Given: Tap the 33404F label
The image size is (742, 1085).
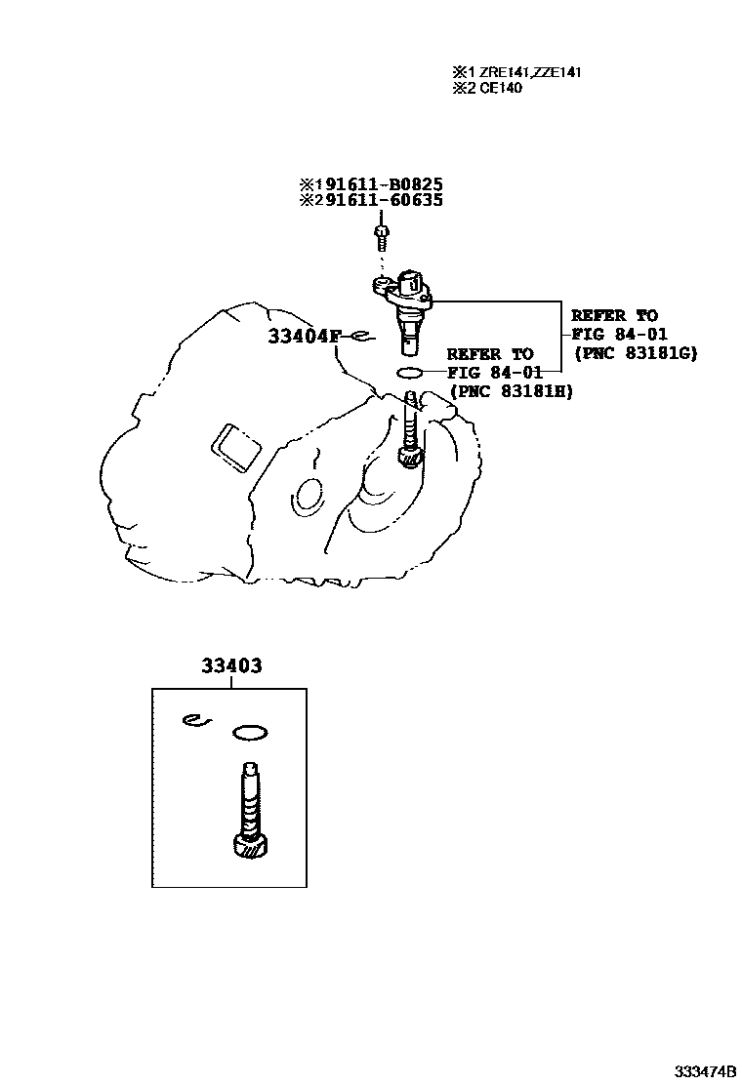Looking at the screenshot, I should coord(305,337).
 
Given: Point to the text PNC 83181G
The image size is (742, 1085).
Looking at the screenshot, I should coord(635,353).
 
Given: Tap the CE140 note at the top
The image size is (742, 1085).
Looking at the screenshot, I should coord(500,88).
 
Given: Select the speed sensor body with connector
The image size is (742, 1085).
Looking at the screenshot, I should coord(407,302).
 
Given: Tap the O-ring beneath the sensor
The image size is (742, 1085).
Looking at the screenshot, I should coord(410,373).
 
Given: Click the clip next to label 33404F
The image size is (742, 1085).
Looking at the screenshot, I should coord(359,337).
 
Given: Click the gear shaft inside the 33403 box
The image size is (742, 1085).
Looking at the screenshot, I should coord(248,795).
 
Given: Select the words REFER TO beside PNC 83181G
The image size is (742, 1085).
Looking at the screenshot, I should coord(614,316).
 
